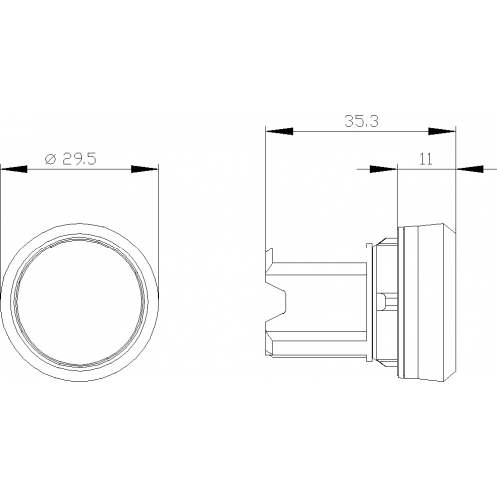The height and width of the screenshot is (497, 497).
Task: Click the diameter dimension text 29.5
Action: [x=80, y=159]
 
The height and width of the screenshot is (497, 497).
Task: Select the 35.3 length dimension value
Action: [x=361, y=121]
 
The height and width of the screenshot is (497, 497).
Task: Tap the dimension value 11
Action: [x=426, y=159]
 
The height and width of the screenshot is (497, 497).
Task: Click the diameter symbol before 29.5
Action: [x=50, y=160]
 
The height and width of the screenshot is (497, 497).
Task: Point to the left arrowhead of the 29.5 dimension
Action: [x=14, y=169]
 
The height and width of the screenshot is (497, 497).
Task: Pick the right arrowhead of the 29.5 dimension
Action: [x=145, y=169]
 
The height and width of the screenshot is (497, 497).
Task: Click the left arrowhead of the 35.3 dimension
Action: [x=280, y=131]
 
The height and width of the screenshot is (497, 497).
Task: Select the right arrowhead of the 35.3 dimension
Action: [x=442, y=131]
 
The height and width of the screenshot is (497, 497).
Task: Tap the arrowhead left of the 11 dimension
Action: [x=383, y=169]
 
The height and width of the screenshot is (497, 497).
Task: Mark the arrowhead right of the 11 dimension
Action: [x=470, y=169]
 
